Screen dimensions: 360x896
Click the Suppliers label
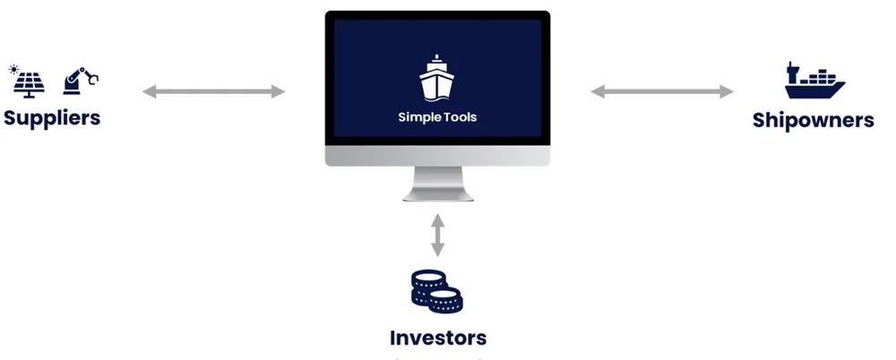coord(51,117)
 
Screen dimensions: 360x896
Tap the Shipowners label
coord(813,120)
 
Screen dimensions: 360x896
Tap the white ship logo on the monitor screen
coord(437,79)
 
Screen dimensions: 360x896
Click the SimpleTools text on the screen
coord(437,117)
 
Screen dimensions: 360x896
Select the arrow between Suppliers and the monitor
coord(213,90)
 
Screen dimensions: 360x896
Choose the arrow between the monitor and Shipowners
coord(661,90)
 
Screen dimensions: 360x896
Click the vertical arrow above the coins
coord(437,234)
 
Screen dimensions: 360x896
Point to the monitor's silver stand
coord(437,185)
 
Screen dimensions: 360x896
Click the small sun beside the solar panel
coord(13,68)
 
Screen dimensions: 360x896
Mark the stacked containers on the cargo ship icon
coord(820,77)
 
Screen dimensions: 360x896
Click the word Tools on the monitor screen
coord(456,117)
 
